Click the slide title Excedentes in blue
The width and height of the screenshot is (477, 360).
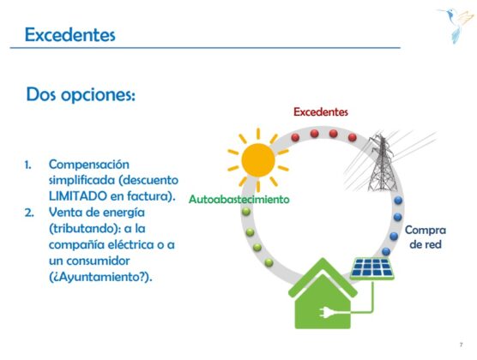[70, 34]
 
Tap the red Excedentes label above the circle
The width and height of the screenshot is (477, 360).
[321, 112]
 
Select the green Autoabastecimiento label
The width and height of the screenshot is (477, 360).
[239, 199]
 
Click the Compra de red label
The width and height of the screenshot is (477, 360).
[426, 237]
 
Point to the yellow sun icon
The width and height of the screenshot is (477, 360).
[258, 160]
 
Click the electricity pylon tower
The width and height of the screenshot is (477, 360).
[382, 163]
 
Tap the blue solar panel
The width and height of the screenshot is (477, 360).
[372, 268]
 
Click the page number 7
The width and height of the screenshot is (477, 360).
[462, 345]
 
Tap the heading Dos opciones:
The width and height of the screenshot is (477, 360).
[81, 95]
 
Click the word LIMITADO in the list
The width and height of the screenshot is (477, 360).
[78, 196]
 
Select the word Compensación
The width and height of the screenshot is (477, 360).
[89, 165]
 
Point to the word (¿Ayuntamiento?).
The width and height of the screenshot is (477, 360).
[100, 277]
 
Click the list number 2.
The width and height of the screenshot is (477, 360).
[29, 213]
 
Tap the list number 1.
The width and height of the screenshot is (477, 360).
[27, 165]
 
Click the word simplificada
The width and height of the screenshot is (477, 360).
[82, 180]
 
